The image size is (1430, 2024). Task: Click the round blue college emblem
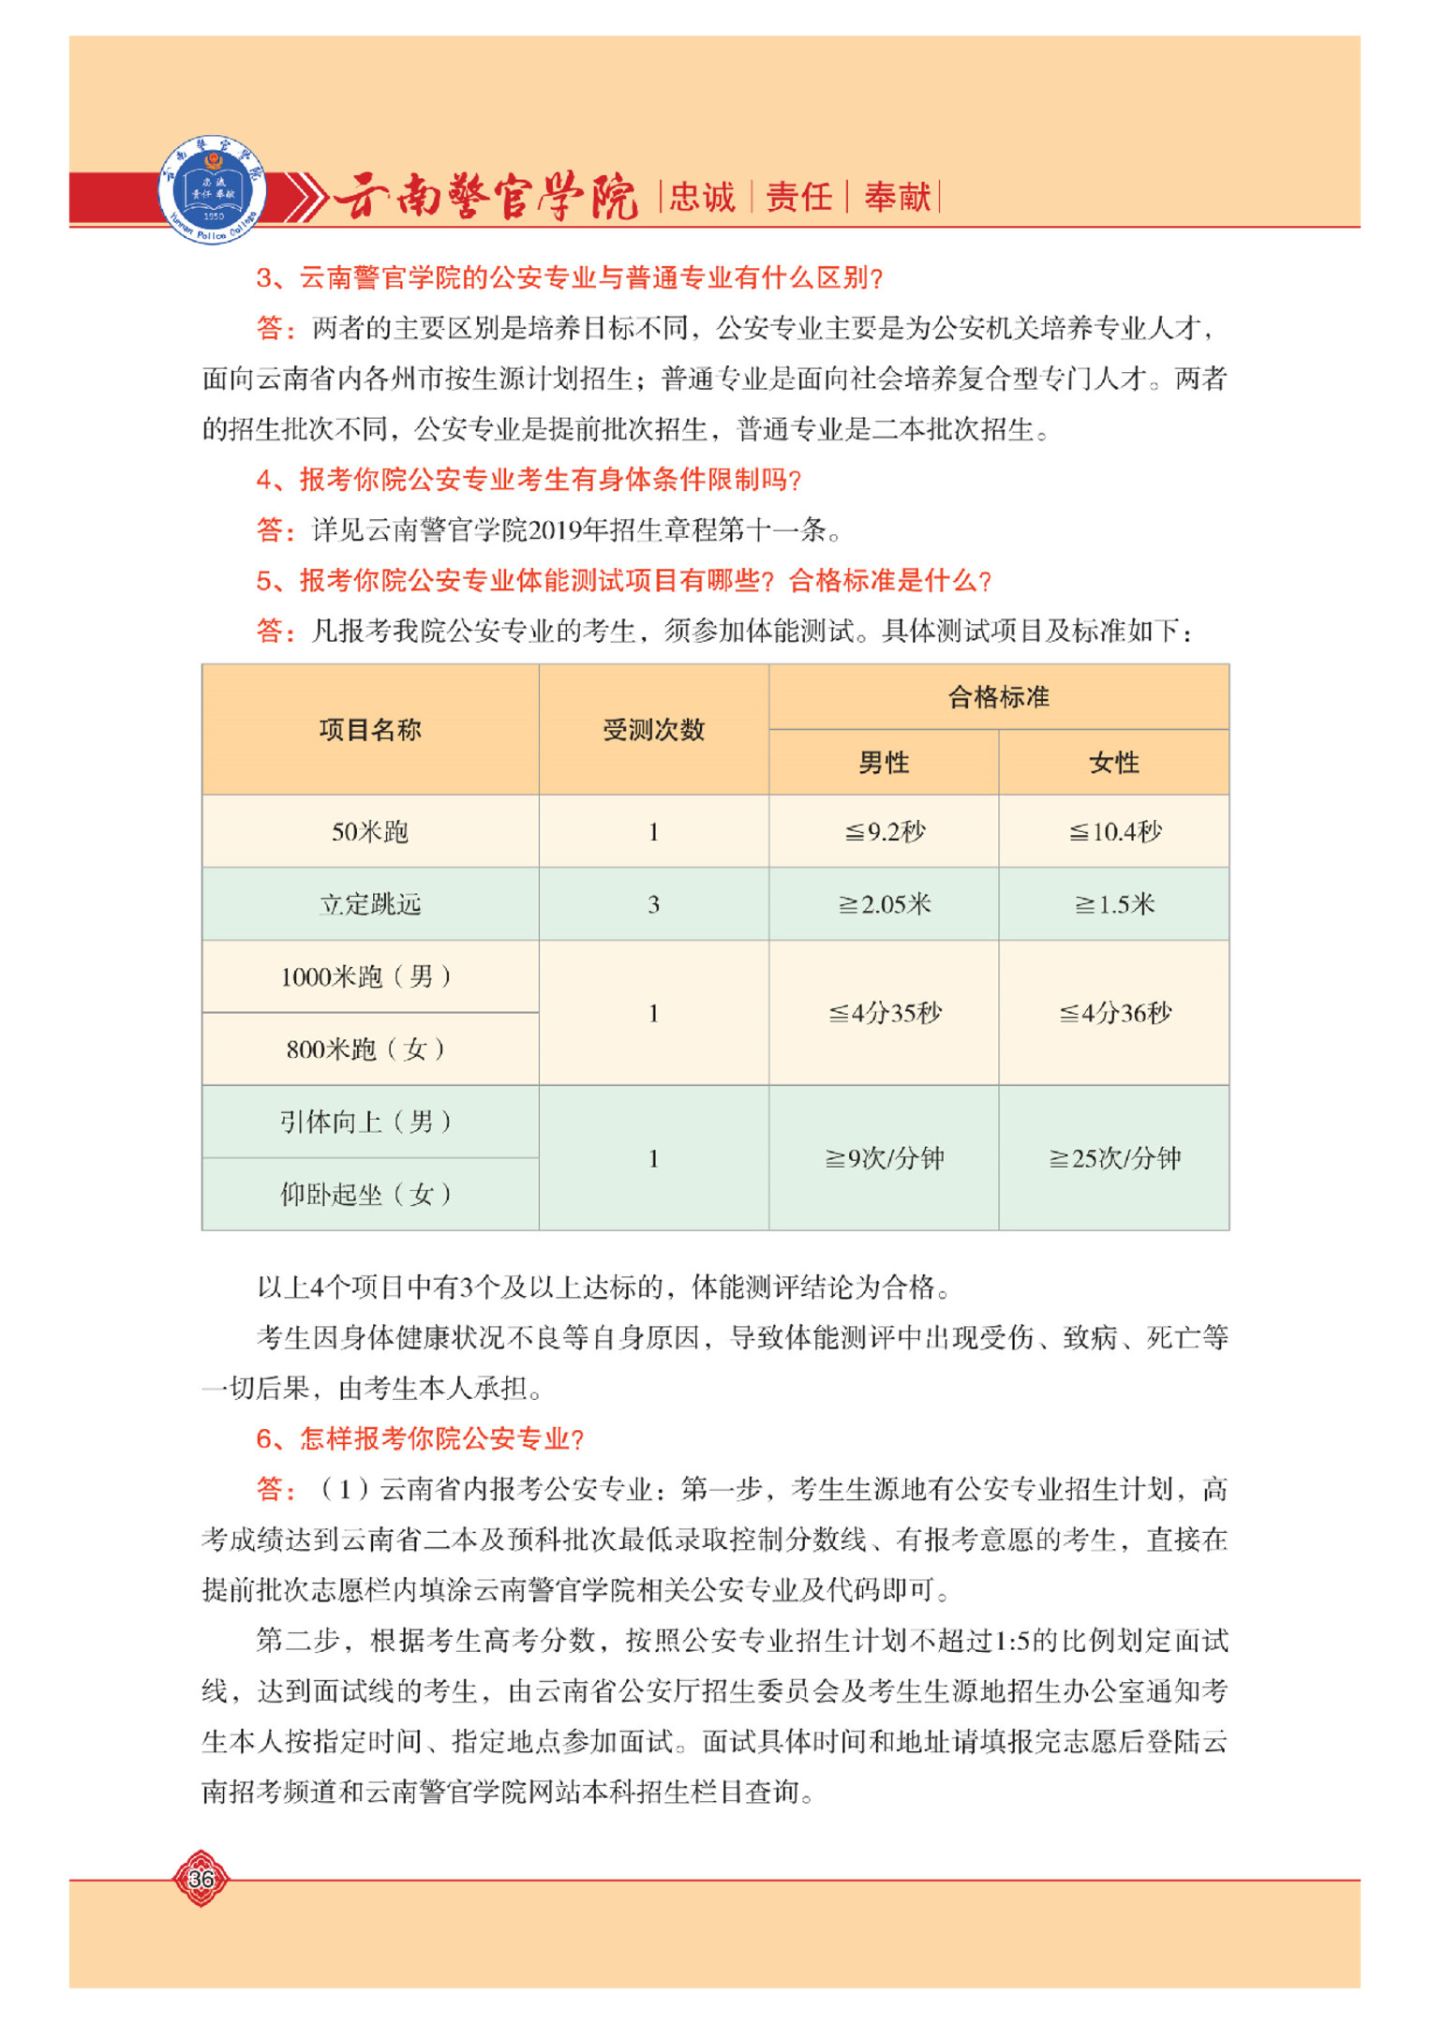pyautogui.click(x=212, y=189)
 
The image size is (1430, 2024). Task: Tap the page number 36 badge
pyautogui.click(x=201, y=1877)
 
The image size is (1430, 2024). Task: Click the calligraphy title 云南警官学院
pyautogui.click(x=485, y=196)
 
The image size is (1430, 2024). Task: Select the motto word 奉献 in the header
pyautogui.click(x=897, y=197)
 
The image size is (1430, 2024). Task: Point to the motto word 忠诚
pyautogui.click(x=702, y=197)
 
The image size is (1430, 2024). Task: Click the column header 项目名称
pyautogui.click(x=370, y=729)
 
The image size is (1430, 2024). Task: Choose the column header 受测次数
pyautogui.click(x=653, y=729)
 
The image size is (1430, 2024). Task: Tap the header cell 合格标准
pyautogui.click(x=998, y=696)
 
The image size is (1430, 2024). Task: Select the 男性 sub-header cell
pyautogui.click(x=884, y=762)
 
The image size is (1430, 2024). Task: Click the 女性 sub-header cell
pyautogui.click(x=1113, y=762)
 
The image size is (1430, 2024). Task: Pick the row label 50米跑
pyautogui.click(x=370, y=831)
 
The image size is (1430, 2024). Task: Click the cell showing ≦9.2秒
pyautogui.click(x=884, y=831)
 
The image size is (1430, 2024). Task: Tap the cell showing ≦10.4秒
pyautogui.click(x=1114, y=831)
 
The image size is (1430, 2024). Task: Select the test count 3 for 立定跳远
pyautogui.click(x=653, y=904)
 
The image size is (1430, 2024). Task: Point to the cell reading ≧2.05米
pyautogui.click(x=884, y=904)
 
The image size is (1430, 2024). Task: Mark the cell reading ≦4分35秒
pyautogui.click(x=884, y=1013)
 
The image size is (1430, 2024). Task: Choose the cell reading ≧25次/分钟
pyautogui.click(x=1114, y=1158)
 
